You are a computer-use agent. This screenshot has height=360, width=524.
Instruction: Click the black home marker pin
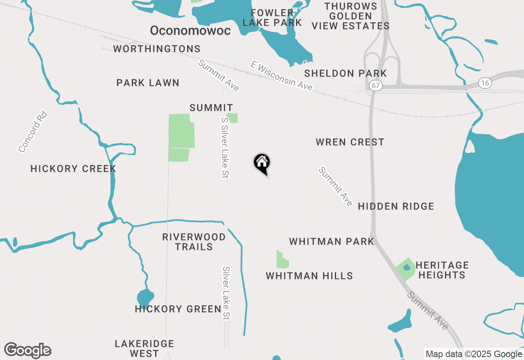(262, 163)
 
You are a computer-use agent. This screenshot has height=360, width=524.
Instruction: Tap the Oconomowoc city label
(190, 31)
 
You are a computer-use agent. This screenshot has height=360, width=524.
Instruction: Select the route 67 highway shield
(375, 85)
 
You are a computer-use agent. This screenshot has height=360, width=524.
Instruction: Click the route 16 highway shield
(485, 83)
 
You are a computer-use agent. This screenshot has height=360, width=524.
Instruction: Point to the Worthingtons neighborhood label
(157, 49)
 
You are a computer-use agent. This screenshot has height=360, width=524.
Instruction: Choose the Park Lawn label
(148, 83)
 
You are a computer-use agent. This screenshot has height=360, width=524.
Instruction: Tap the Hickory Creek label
(73, 169)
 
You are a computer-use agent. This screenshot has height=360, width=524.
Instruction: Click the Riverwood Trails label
(194, 242)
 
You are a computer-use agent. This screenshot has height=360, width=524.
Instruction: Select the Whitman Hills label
(309, 276)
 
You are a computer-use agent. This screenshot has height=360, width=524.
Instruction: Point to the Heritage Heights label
(442, 270)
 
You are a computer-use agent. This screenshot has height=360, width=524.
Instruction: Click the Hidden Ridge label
(396, 206)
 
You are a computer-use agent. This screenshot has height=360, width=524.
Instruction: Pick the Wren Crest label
(350, 142)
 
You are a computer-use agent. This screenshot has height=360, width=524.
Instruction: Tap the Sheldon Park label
(346, 74)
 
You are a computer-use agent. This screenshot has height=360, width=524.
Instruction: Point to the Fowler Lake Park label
(272, 18)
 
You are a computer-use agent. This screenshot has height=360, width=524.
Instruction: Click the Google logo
(27, 351)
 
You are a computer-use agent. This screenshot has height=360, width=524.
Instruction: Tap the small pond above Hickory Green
(145, 297)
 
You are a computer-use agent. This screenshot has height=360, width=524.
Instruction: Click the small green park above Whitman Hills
(282, 260)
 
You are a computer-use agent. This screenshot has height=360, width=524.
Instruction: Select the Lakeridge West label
(145, 349)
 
